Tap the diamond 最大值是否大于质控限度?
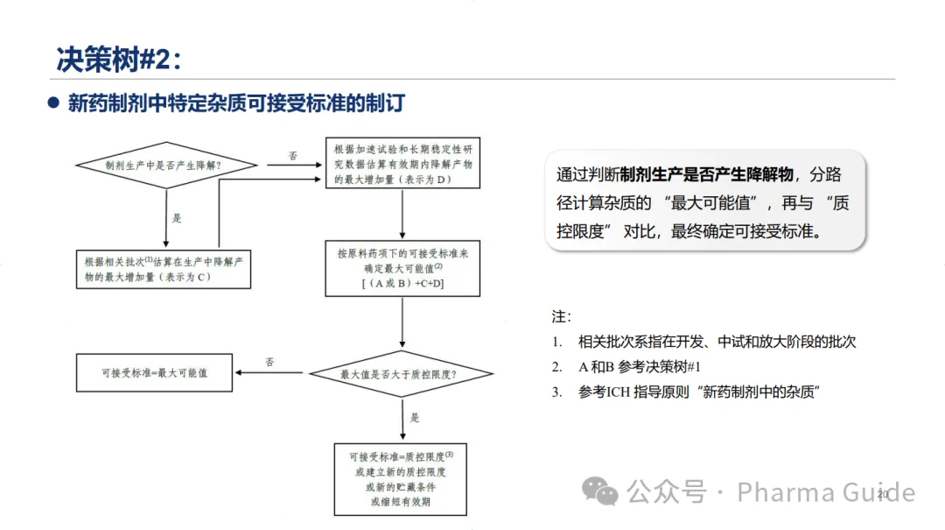402,373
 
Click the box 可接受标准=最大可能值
153,372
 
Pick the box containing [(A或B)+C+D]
402,268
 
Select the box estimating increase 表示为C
164,268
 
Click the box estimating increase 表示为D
402,163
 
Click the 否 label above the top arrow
293,156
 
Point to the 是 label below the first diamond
177,217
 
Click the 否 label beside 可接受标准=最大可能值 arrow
269,361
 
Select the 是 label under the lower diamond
415,417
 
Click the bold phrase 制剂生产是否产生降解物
707,173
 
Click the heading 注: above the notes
561,315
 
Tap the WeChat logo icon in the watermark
600,491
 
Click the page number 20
882,495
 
